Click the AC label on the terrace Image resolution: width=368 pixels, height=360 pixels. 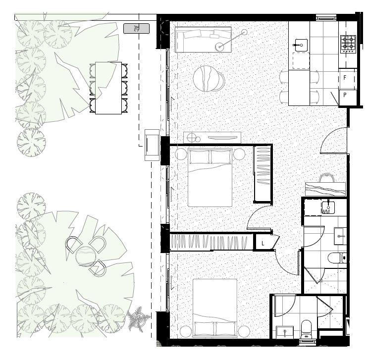click(136, 28)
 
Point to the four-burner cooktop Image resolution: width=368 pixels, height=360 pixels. click(348, 44)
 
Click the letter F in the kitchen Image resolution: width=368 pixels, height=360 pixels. click(345, 78)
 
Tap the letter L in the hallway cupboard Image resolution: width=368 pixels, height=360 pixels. click(262, 243)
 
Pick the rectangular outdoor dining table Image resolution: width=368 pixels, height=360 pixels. click(108, 88)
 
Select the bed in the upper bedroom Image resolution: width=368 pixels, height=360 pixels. click(210, 177)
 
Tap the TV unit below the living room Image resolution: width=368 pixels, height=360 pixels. click(212, 138)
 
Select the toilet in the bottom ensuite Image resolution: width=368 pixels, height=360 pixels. click(306, 328)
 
